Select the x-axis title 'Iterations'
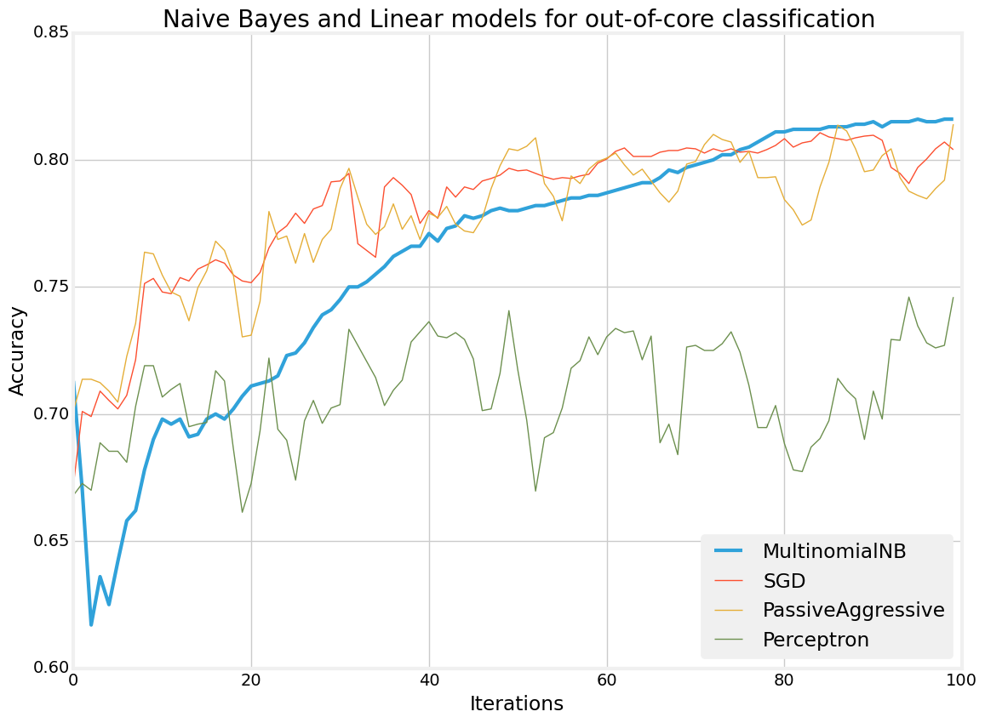(518, 703)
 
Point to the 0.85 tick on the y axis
(54, 33)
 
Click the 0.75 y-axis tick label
(54, 287)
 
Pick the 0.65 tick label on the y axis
(54, 541)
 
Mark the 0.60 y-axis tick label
(54, 668)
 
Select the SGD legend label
(784, 580)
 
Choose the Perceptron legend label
(816, 640)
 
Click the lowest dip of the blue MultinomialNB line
(91, 624)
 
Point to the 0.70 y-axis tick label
(54, 414)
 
